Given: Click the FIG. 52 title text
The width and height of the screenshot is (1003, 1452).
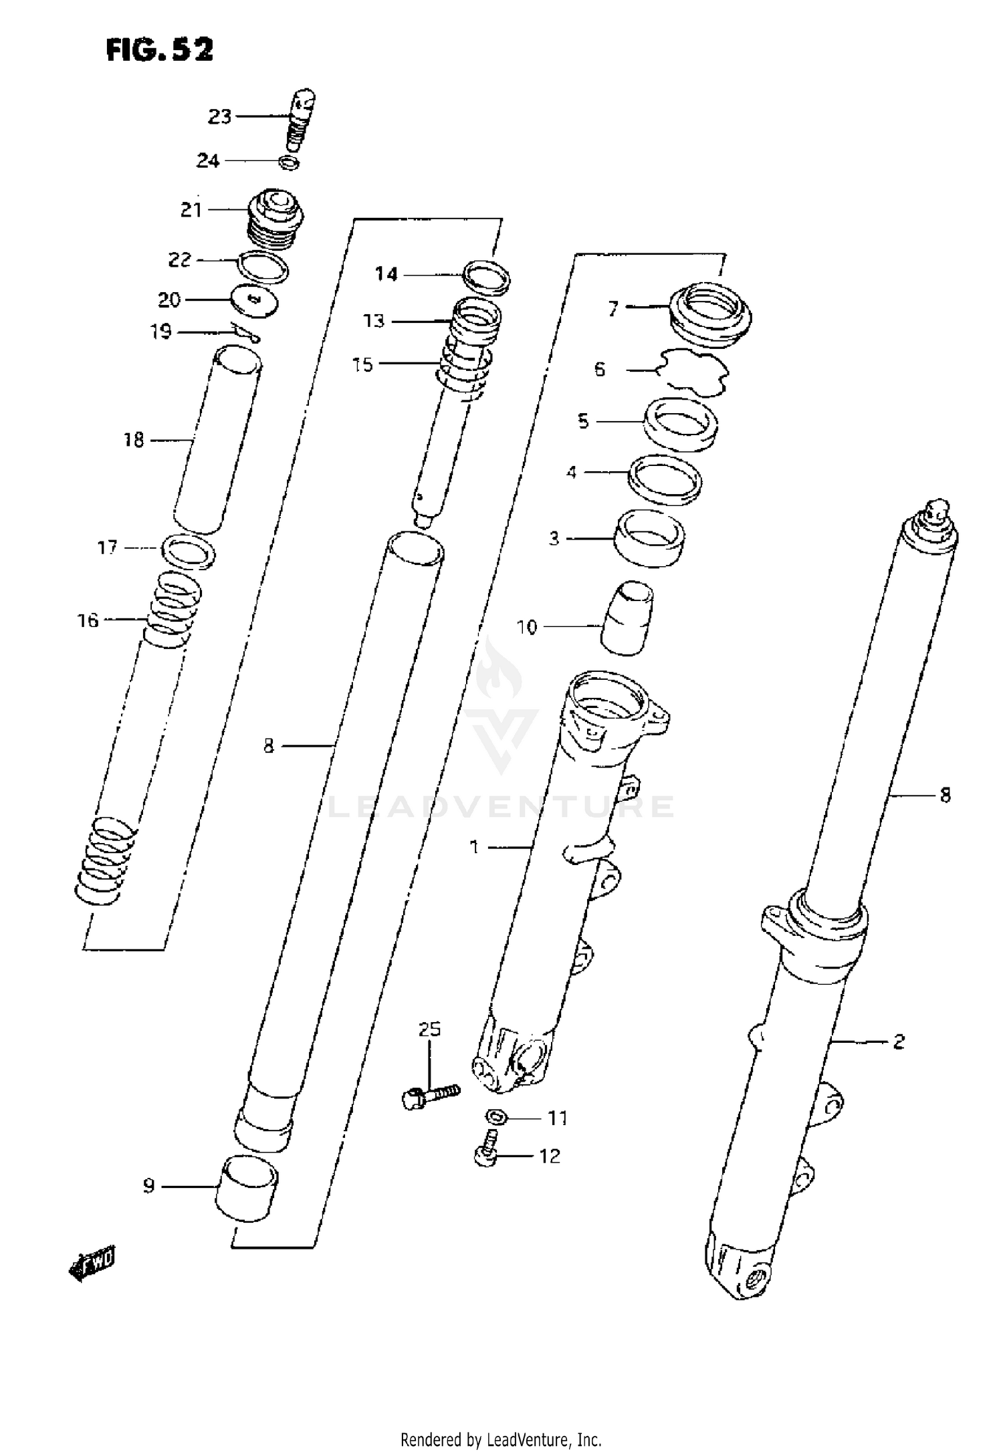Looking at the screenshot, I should [x=159, y=49].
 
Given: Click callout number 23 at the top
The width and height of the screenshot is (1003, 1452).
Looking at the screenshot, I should [x=219, y=117].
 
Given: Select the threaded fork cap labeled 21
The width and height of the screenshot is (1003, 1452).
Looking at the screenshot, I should [x=275, y=217].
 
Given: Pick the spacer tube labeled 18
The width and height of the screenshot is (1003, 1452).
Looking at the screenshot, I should [x=216, y=440].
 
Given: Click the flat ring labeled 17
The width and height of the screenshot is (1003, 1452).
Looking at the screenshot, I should [x=189, y=552].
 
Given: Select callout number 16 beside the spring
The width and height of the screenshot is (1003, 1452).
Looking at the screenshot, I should [x=88, y=620].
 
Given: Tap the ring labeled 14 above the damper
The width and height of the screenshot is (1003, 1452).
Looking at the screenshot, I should [x=486, y=276].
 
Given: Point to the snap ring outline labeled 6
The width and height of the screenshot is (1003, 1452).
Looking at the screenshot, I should [x=693, y=372].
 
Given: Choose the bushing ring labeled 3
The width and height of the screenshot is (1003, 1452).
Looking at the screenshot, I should [x=649, y=538].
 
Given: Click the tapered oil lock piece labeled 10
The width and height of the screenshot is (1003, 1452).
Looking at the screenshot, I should [x=627, y=617].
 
